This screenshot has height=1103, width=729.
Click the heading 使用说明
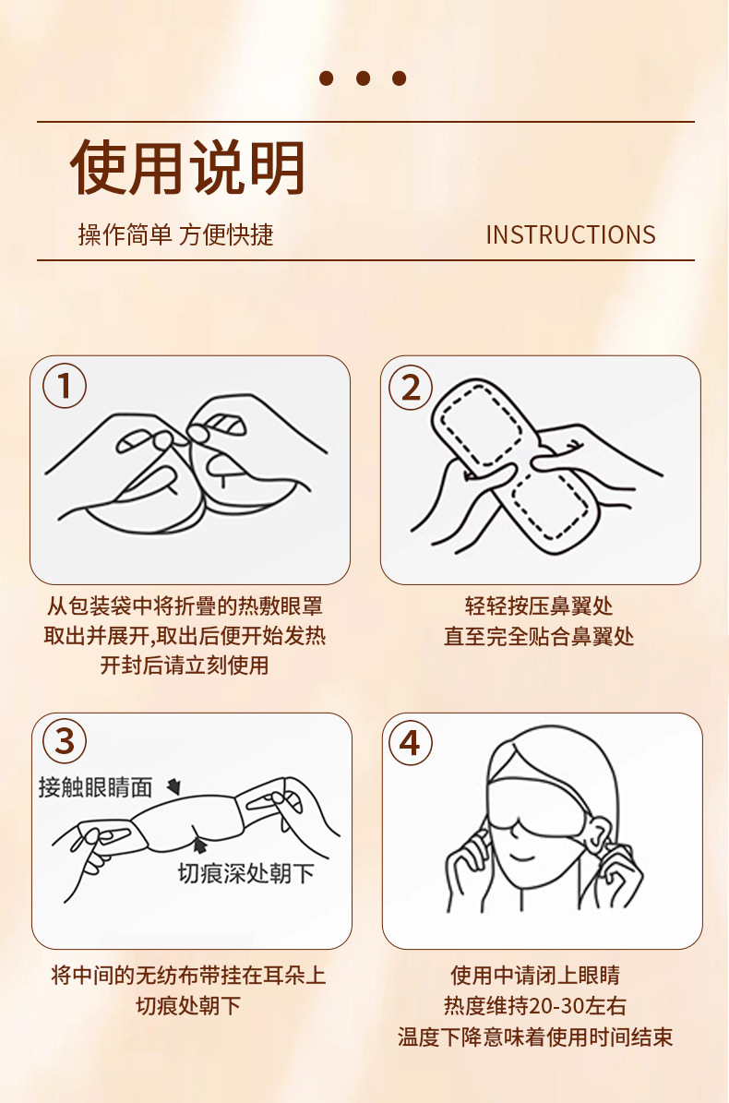(188, 168)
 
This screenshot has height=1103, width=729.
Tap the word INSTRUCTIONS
(570, 235)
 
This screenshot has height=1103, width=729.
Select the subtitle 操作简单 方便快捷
(175, 235)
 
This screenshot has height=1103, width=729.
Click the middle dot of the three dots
(363, 78)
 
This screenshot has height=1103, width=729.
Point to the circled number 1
(65, 387)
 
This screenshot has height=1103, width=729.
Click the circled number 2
(411, 387)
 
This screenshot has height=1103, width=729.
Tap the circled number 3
(65, 741)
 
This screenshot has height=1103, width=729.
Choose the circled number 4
(411, 743)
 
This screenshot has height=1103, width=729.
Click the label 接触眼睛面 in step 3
(95, 786)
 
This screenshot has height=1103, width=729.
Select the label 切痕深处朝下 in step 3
(245, 873)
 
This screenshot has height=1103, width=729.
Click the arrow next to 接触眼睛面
(173, 787)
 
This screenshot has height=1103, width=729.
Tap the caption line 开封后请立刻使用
(185, 665)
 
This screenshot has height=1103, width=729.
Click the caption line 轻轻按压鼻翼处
(539, 606)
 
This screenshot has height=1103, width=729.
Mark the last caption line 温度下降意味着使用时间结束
(535, 1037)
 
